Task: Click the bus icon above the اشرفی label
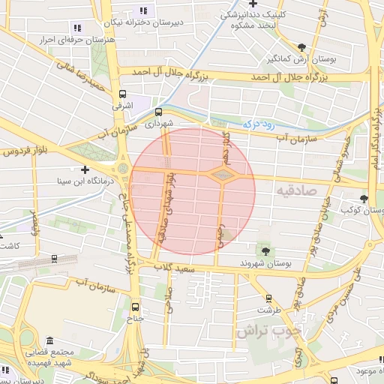(x=122, y=94)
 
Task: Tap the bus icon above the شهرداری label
(x=157, y=111)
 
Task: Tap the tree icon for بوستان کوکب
(x=364, y=199)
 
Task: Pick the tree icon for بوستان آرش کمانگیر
(x=301, y=46)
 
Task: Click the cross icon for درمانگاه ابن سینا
(x=85, y=169)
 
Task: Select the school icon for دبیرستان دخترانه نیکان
(x=142, y=10)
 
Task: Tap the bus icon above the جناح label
(x=136, y=306)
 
